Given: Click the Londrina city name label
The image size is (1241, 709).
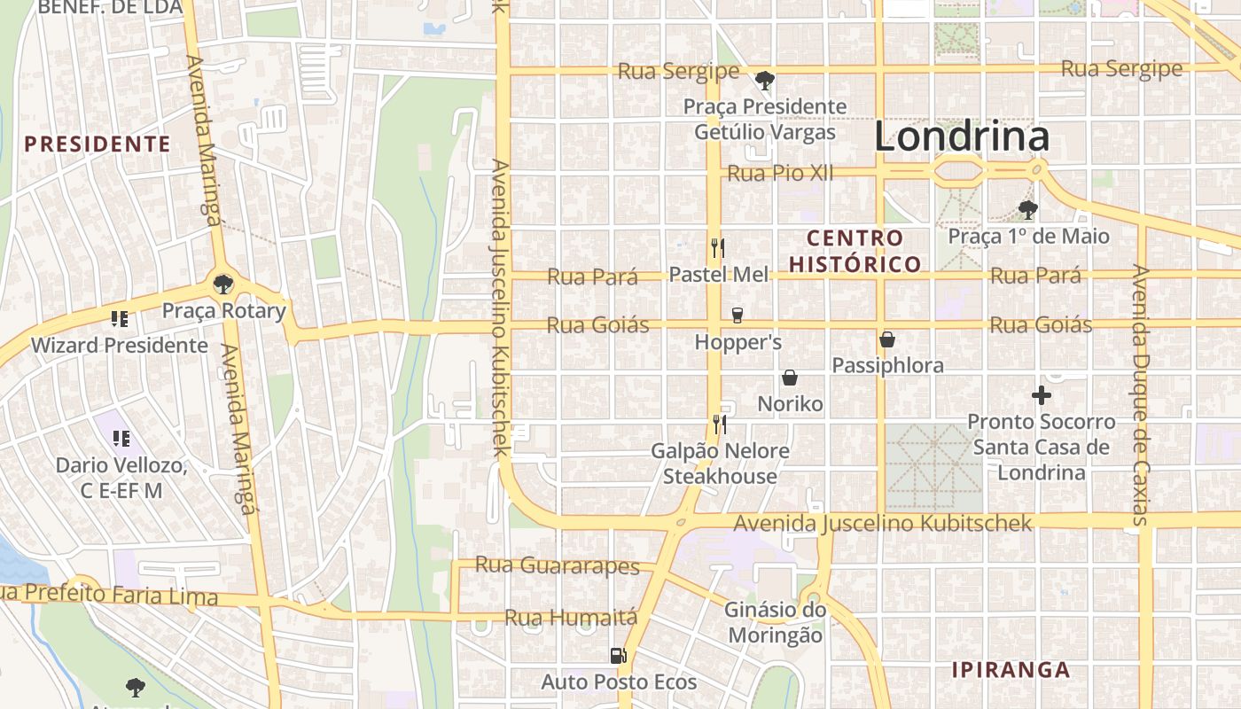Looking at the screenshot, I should [x=962, y=136].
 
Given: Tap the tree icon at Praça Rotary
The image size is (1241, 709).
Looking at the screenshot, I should [x=223, y=284].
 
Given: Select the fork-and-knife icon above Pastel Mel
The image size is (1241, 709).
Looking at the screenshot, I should [x=718, y=247].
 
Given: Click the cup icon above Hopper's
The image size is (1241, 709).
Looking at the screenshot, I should [x=737, y=315].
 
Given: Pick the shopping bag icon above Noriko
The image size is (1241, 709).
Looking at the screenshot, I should [x=790, y=378].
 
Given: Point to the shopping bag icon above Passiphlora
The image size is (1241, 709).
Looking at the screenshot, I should [x=886, y=339].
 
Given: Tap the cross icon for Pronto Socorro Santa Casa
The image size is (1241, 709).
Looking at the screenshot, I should [x=1042, y=395].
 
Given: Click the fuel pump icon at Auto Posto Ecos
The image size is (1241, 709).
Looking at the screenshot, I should [x=619, y=656].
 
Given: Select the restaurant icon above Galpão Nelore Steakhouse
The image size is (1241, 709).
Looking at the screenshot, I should [x=720, y=425].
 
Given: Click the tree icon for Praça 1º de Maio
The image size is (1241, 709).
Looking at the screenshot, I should [x=1028, y=210].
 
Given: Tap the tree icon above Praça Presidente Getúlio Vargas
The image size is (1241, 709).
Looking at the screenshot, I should [x=764, y=81].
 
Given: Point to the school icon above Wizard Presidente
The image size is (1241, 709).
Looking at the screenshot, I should [x=120, y=318].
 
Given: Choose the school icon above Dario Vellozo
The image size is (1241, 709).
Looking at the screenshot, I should [x=121, y=438].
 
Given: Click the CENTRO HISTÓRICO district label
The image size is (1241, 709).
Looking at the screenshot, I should [x=855, y=251].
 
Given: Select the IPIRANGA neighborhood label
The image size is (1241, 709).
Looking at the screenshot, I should [x=1011, y=670].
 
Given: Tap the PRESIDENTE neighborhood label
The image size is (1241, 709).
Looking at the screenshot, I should [x=97, y=144].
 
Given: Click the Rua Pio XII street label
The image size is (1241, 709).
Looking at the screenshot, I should [x=780, y=174].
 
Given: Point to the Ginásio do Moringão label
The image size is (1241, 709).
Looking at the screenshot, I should [x=775, y=622].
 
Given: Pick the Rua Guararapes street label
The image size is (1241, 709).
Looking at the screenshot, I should [x=557, y=565].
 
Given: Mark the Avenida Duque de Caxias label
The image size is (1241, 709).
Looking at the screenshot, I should [x=1141, y=394].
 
